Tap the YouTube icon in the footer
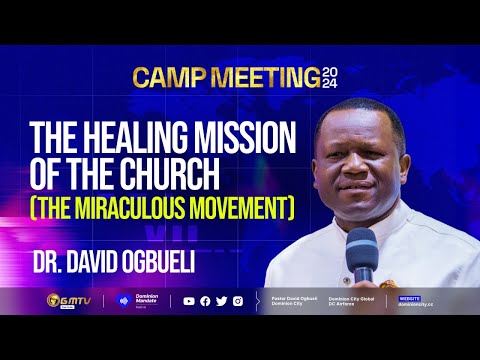pos(190,300)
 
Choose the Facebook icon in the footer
pos(206,300)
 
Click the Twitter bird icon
pos(221,300)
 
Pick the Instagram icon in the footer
pos(237,300)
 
